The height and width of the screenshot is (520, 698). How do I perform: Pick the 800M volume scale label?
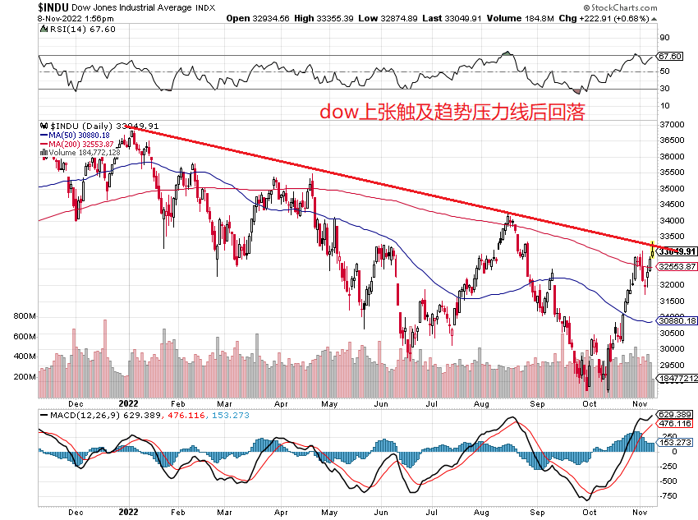(x=25, y=315)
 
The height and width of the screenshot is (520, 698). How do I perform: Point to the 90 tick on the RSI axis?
(x=664, y=37)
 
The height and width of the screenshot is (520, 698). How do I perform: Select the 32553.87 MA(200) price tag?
(x=679, y=266)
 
